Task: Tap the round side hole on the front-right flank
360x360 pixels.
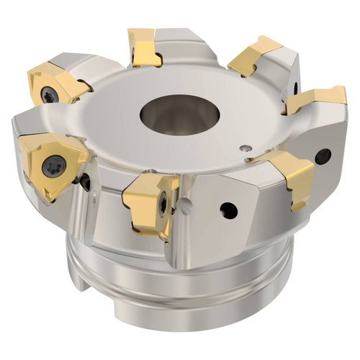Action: (x=229, y=210)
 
